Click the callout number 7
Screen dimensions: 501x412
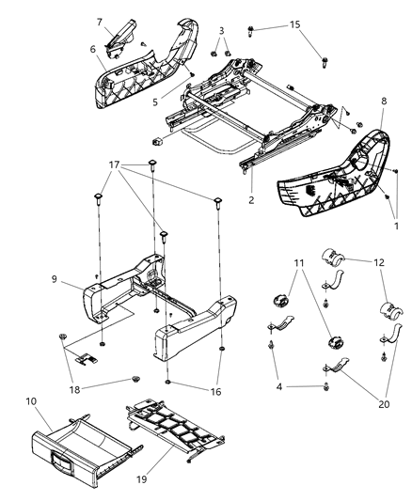tap(99, 22)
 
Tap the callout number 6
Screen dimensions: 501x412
tap(93, 50)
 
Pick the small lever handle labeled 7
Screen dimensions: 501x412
tap(121, 37)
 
